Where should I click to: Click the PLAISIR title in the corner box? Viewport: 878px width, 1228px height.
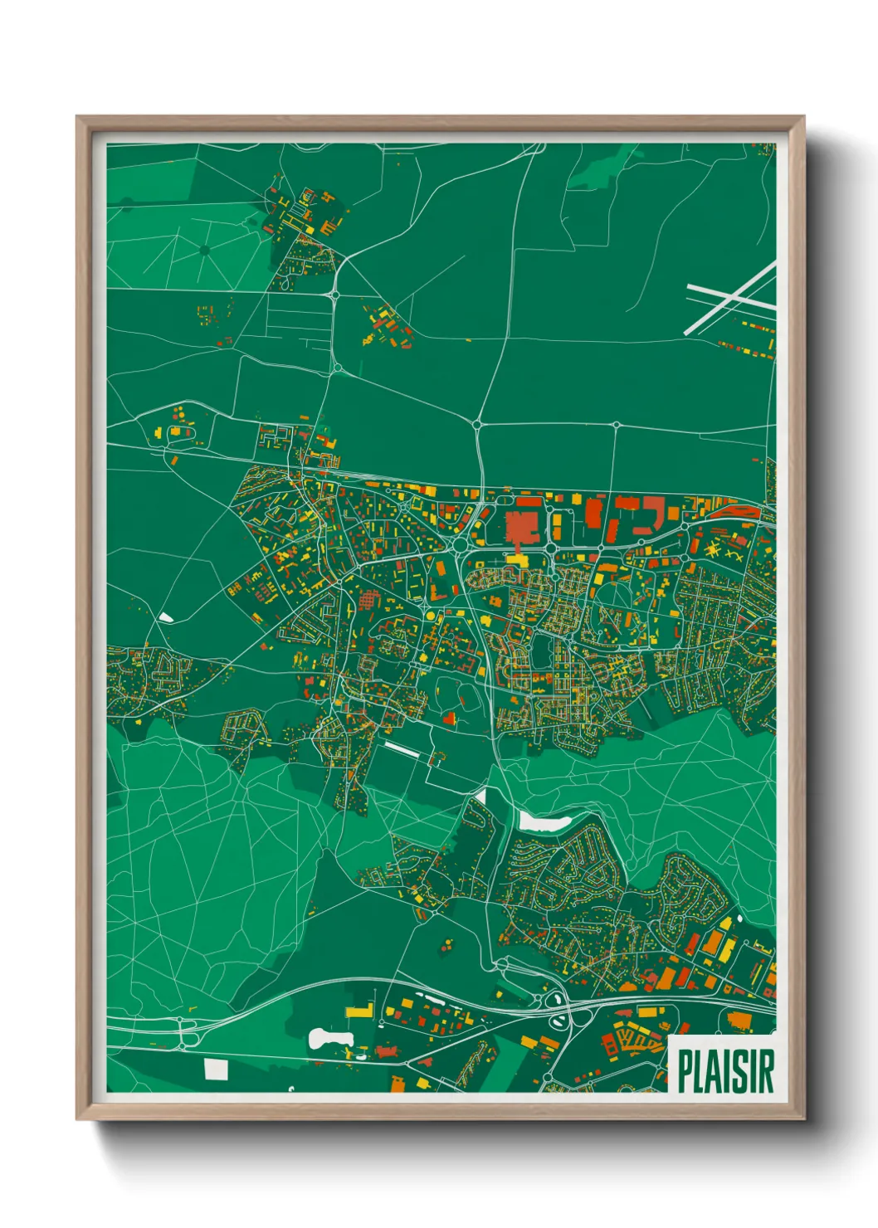click(x=725, y=1071)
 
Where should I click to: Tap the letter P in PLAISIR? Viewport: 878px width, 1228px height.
click(x=685, y=1071)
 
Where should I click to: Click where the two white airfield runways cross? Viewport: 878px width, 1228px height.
click(x=730, y=295)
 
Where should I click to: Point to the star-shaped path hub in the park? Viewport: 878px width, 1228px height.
click(x=204, y=249)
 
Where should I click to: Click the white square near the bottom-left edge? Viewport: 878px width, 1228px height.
click(x=216, y=1070)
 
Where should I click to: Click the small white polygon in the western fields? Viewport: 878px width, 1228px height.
click(x=166, y=617)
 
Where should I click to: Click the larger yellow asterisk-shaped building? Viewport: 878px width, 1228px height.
click(x=712, y=548)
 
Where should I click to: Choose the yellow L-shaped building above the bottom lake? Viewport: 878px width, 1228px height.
click(x=359, y=1010)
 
